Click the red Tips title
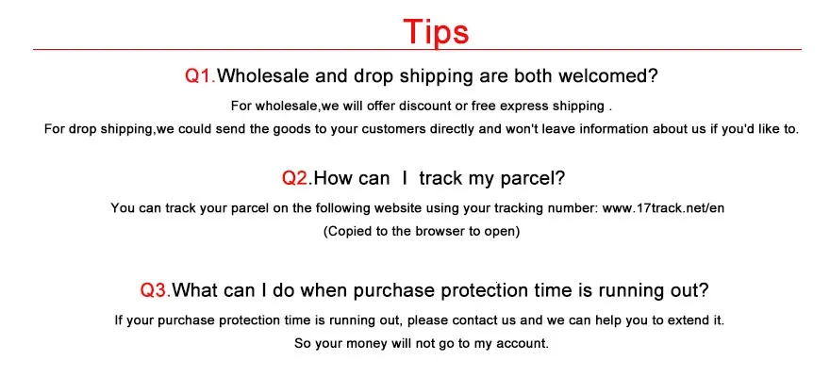[436, 32]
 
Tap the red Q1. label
[200, 76]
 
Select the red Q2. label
[297, 177]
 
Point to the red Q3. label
[156, 289]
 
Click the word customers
[391, 129]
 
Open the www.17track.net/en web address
[663, 207]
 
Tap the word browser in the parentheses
[439, 231]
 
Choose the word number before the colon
[575, 207]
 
